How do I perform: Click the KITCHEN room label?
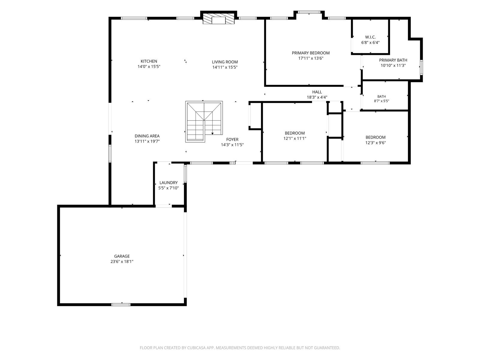point(149,61)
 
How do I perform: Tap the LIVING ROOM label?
point(225,62)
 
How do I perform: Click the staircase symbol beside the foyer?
point(204,121)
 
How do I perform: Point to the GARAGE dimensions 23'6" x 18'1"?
point(122,262)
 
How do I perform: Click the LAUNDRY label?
point(168,183)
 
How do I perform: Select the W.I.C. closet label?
point(370,37)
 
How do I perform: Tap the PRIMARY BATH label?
point(393,60)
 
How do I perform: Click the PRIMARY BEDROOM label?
point(310,53)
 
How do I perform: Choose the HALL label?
point(317,92)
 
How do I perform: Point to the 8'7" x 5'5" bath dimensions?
point(381,101)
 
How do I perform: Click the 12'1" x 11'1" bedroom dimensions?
point(295,138)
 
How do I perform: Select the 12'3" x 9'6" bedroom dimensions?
point(375,143)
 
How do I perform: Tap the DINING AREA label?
point(147,136)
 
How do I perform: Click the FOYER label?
point(232,139)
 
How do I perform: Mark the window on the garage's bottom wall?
point(121,304)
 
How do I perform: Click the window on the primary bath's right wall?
point(421,67)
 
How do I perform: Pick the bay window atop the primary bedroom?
point(309,12)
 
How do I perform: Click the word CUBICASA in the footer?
point(196,348)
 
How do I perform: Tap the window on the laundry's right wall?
point(185,174)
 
